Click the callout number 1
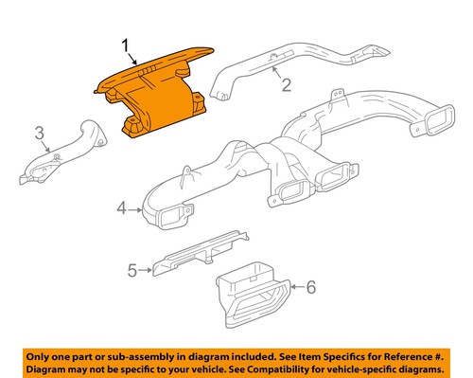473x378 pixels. click(124, 44)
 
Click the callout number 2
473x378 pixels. click(282, 88)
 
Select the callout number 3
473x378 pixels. click(40, 131)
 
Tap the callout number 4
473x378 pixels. click(121, 207)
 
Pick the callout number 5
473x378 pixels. click(132, 270)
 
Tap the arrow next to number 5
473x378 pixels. click(146, 270)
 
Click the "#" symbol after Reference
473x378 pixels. click(439, 355)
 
